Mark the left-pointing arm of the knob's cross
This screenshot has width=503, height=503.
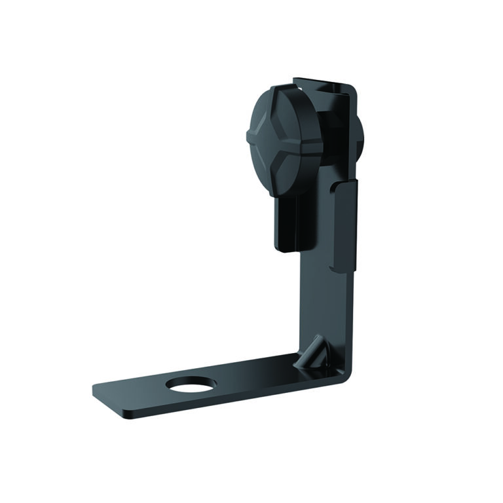(257, 137)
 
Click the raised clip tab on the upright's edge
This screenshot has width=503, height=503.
(345, 226)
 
